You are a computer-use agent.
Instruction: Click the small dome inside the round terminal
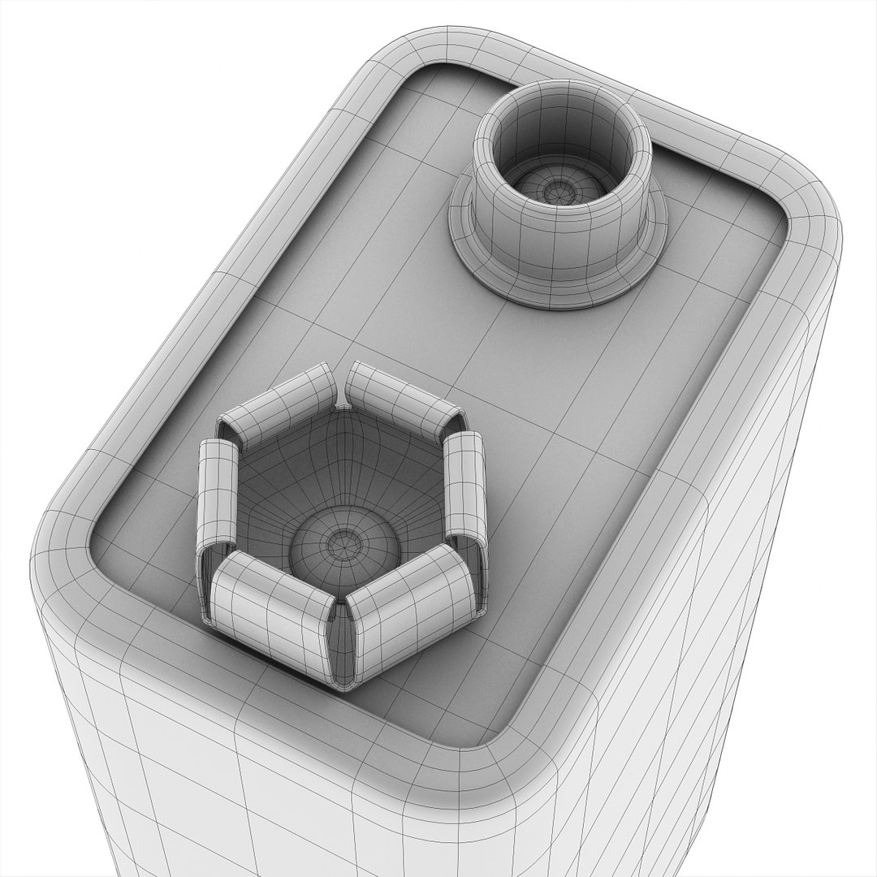point(559,190)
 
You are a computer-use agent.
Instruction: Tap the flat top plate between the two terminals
point(487,357)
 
